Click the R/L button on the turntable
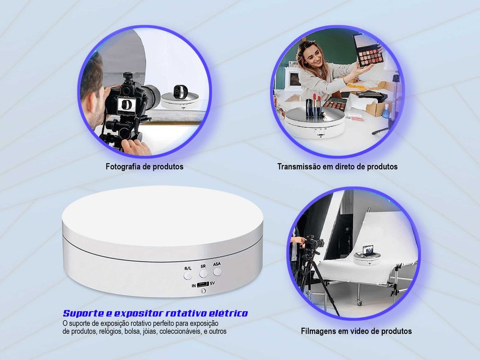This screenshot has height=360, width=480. pyautogui.click(x=188, y=275)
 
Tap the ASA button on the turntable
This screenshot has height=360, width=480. pyautogui.click(x=217, y=271)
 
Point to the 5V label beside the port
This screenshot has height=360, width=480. pyautogui.click(x=212, y=283)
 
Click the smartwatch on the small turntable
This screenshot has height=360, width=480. pyautogui.click(x=180, y=92)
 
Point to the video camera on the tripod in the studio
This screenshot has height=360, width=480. pyautogui.click(x=313, y=243)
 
